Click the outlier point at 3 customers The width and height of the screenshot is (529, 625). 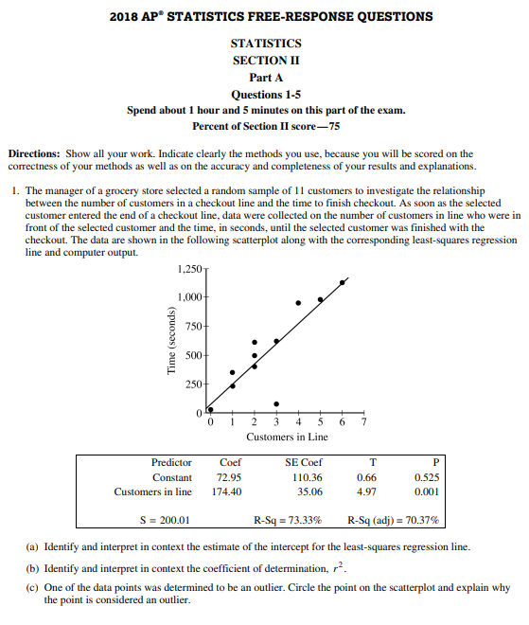tap(276, 403)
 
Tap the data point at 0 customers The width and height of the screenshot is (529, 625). tap(210, 410)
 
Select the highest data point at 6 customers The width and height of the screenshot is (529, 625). tap(342, 282)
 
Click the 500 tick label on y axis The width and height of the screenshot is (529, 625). tap(193, 355)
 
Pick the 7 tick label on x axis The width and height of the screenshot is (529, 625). tap(363, 422)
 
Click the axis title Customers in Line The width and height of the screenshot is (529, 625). tap(287, 437)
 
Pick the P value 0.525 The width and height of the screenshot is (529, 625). tap(426, 477)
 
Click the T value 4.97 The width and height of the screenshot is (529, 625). tap(367, 491)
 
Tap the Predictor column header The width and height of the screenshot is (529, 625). tap(171, 462)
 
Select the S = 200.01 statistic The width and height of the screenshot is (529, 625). tap(165, 520)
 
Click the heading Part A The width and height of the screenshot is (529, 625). tap(266, 77)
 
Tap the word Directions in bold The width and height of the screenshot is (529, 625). tap(34, 153)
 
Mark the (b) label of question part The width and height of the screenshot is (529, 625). tap(33, 567)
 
